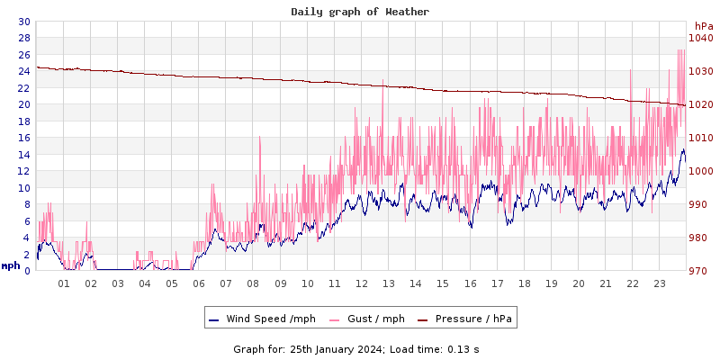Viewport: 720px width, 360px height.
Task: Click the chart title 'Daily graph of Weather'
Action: point(360,12)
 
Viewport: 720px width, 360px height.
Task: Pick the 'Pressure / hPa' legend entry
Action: point(472,319)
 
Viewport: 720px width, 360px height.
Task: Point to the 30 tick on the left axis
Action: point(23,22)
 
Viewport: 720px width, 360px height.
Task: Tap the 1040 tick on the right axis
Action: point(700,38)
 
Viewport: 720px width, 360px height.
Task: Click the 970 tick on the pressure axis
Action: point(700,271)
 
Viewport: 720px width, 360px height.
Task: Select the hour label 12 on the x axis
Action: point(362,283)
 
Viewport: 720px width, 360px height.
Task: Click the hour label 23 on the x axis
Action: point(660,283)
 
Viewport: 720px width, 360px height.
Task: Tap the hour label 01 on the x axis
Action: point(64,283)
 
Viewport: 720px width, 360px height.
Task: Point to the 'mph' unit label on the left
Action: point(11,265)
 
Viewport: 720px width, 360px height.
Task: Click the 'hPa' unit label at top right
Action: point(704,26)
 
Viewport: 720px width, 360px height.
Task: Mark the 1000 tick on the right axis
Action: point(700,171)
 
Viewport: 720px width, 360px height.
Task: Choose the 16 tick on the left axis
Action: point(23,138)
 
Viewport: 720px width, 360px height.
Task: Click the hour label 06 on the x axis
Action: point(199,283)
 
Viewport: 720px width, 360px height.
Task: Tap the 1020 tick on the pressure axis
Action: point(700,104)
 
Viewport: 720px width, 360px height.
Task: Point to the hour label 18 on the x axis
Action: point(525,283)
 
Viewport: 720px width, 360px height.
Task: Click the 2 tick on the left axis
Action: point(26,255)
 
